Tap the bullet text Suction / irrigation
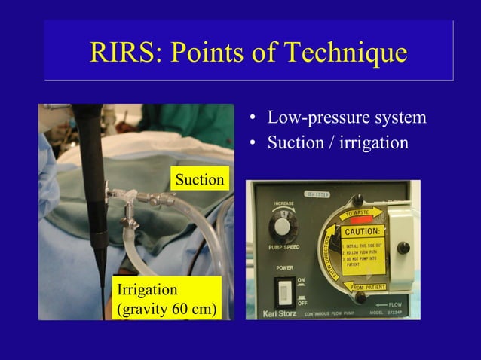[x=339, y=142]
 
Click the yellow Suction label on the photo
[x=199, y=180]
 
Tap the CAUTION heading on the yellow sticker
[x=363, y=230]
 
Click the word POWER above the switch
[x=283, y=267]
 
